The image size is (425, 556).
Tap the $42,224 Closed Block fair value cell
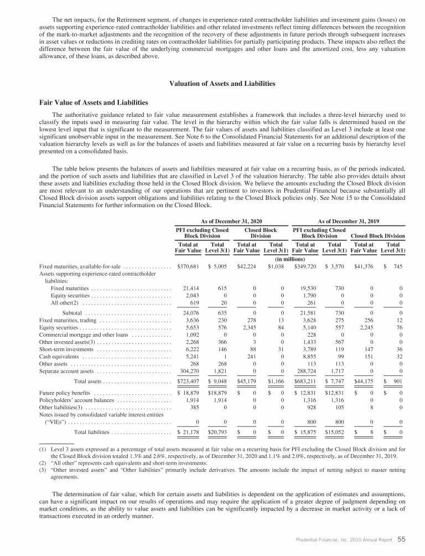point(248,266)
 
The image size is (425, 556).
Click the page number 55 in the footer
point(401,538)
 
